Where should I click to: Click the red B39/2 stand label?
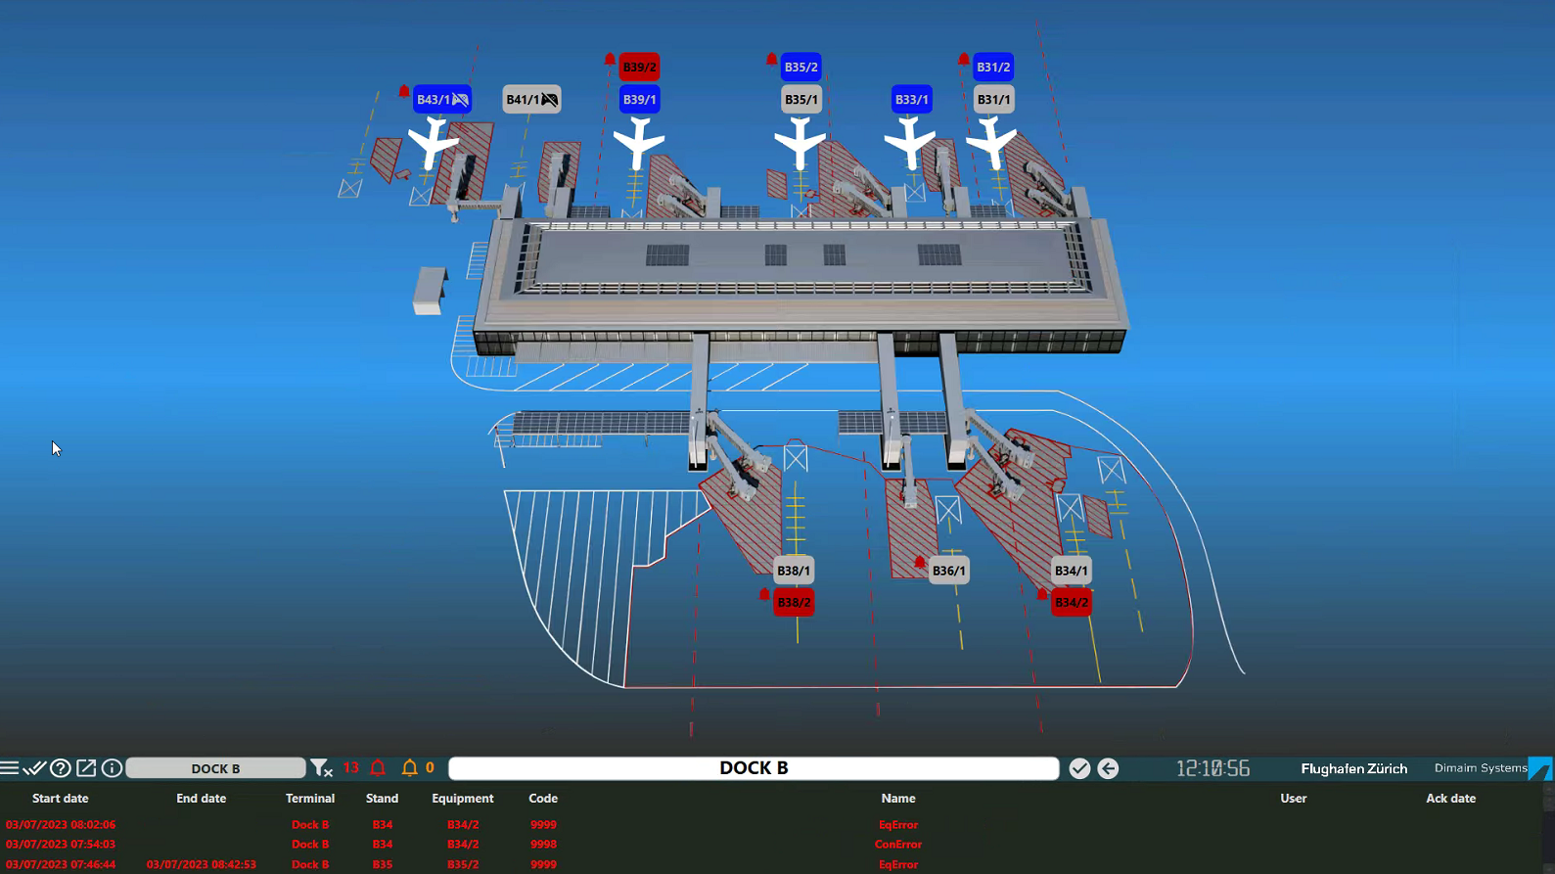tap(639, 68)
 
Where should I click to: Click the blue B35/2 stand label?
tap(800, 68)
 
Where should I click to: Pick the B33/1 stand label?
tap(911, 100)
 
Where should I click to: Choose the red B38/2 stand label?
tap(794, 603)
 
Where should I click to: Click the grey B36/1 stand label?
tap(948, 571)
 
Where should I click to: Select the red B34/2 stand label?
tap(1071, 603)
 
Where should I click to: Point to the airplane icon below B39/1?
tap(639, 143)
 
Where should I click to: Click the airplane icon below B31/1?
tap(992, 143)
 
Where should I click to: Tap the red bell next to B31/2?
tap(964, 61)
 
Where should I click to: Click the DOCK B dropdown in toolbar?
tap(215, 768)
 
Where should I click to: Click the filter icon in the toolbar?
tap(321, 768)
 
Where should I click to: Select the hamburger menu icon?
tap(10, 768)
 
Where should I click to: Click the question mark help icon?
tap(61, 768)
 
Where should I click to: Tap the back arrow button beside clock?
tap(1108, 768)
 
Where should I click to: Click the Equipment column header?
tap(462, 799)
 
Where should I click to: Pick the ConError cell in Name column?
tap(897, 845)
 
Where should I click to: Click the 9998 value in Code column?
tap(543, 845)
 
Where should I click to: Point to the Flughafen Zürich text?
tap(1353, 768)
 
